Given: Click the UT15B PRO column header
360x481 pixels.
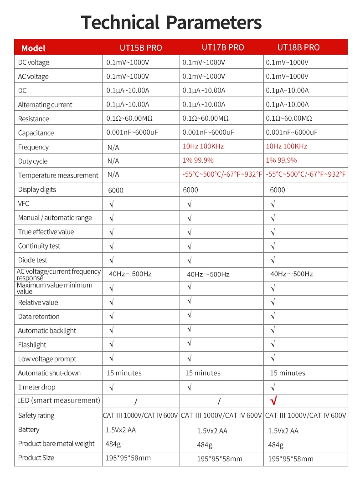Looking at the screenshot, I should pos(141,48).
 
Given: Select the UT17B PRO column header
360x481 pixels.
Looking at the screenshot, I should pos(223,47).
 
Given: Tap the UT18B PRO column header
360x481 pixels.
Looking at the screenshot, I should pos(298,47).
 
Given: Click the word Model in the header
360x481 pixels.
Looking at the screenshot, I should pos(33,48).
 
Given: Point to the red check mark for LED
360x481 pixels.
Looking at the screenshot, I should pos(274,401).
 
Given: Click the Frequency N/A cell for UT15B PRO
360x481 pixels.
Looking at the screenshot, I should pos(113,147).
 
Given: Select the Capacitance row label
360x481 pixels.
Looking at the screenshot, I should pos(36,133).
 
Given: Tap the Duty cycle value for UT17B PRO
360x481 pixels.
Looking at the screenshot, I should pos(198,160).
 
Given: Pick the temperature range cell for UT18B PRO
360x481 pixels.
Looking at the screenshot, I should pos(305,174).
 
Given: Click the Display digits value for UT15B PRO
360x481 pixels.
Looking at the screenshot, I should pos(116,190).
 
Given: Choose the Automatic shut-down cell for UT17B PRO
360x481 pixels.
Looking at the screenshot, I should pos(202,373).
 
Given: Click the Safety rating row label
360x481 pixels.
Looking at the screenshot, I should pos(36,415).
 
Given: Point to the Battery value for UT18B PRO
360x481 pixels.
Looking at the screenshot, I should pos(283,430).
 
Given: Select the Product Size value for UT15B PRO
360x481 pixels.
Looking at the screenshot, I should pos(129,458).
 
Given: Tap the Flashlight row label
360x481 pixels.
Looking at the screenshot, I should pos(32,345).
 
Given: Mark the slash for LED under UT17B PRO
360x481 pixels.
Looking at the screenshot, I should pos(219,401).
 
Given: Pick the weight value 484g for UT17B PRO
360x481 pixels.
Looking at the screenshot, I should pos(204,445).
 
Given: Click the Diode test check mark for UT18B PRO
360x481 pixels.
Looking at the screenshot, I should pos(273,261).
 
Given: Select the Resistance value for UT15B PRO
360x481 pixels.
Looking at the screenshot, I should pos(129,118).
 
